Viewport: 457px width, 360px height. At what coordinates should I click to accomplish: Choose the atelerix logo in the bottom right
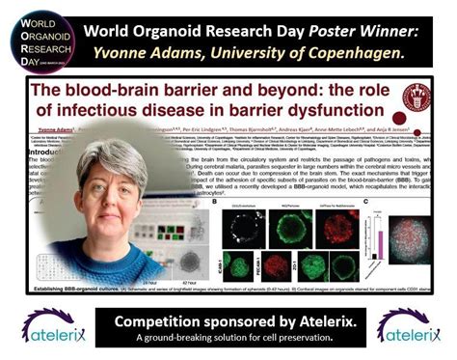click(x=409, y=326)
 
